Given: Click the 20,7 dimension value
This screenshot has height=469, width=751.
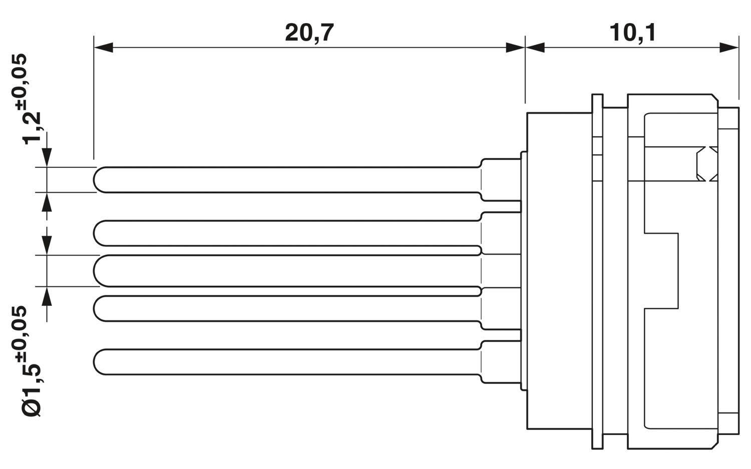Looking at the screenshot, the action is (x=309, y=33).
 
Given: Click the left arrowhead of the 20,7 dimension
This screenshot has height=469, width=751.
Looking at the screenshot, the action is (x=104, y=48).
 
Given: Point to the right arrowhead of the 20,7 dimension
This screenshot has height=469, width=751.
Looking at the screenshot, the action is (x=515, y=48).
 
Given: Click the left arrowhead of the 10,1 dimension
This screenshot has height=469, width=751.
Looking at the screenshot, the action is (x=535, y=48).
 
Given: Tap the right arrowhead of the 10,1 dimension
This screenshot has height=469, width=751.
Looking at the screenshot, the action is (x=729, y=48).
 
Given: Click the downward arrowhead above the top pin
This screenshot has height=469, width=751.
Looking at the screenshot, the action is (x=47, y=157).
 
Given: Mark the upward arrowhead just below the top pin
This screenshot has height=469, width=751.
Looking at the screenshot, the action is (x=47, y=202).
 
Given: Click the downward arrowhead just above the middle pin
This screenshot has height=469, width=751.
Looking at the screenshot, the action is (x=47, y=245).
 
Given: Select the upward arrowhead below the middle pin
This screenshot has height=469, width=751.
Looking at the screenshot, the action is (x=47, y=296).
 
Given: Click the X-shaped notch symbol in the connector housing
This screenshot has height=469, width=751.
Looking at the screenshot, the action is (x=707, y=164).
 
